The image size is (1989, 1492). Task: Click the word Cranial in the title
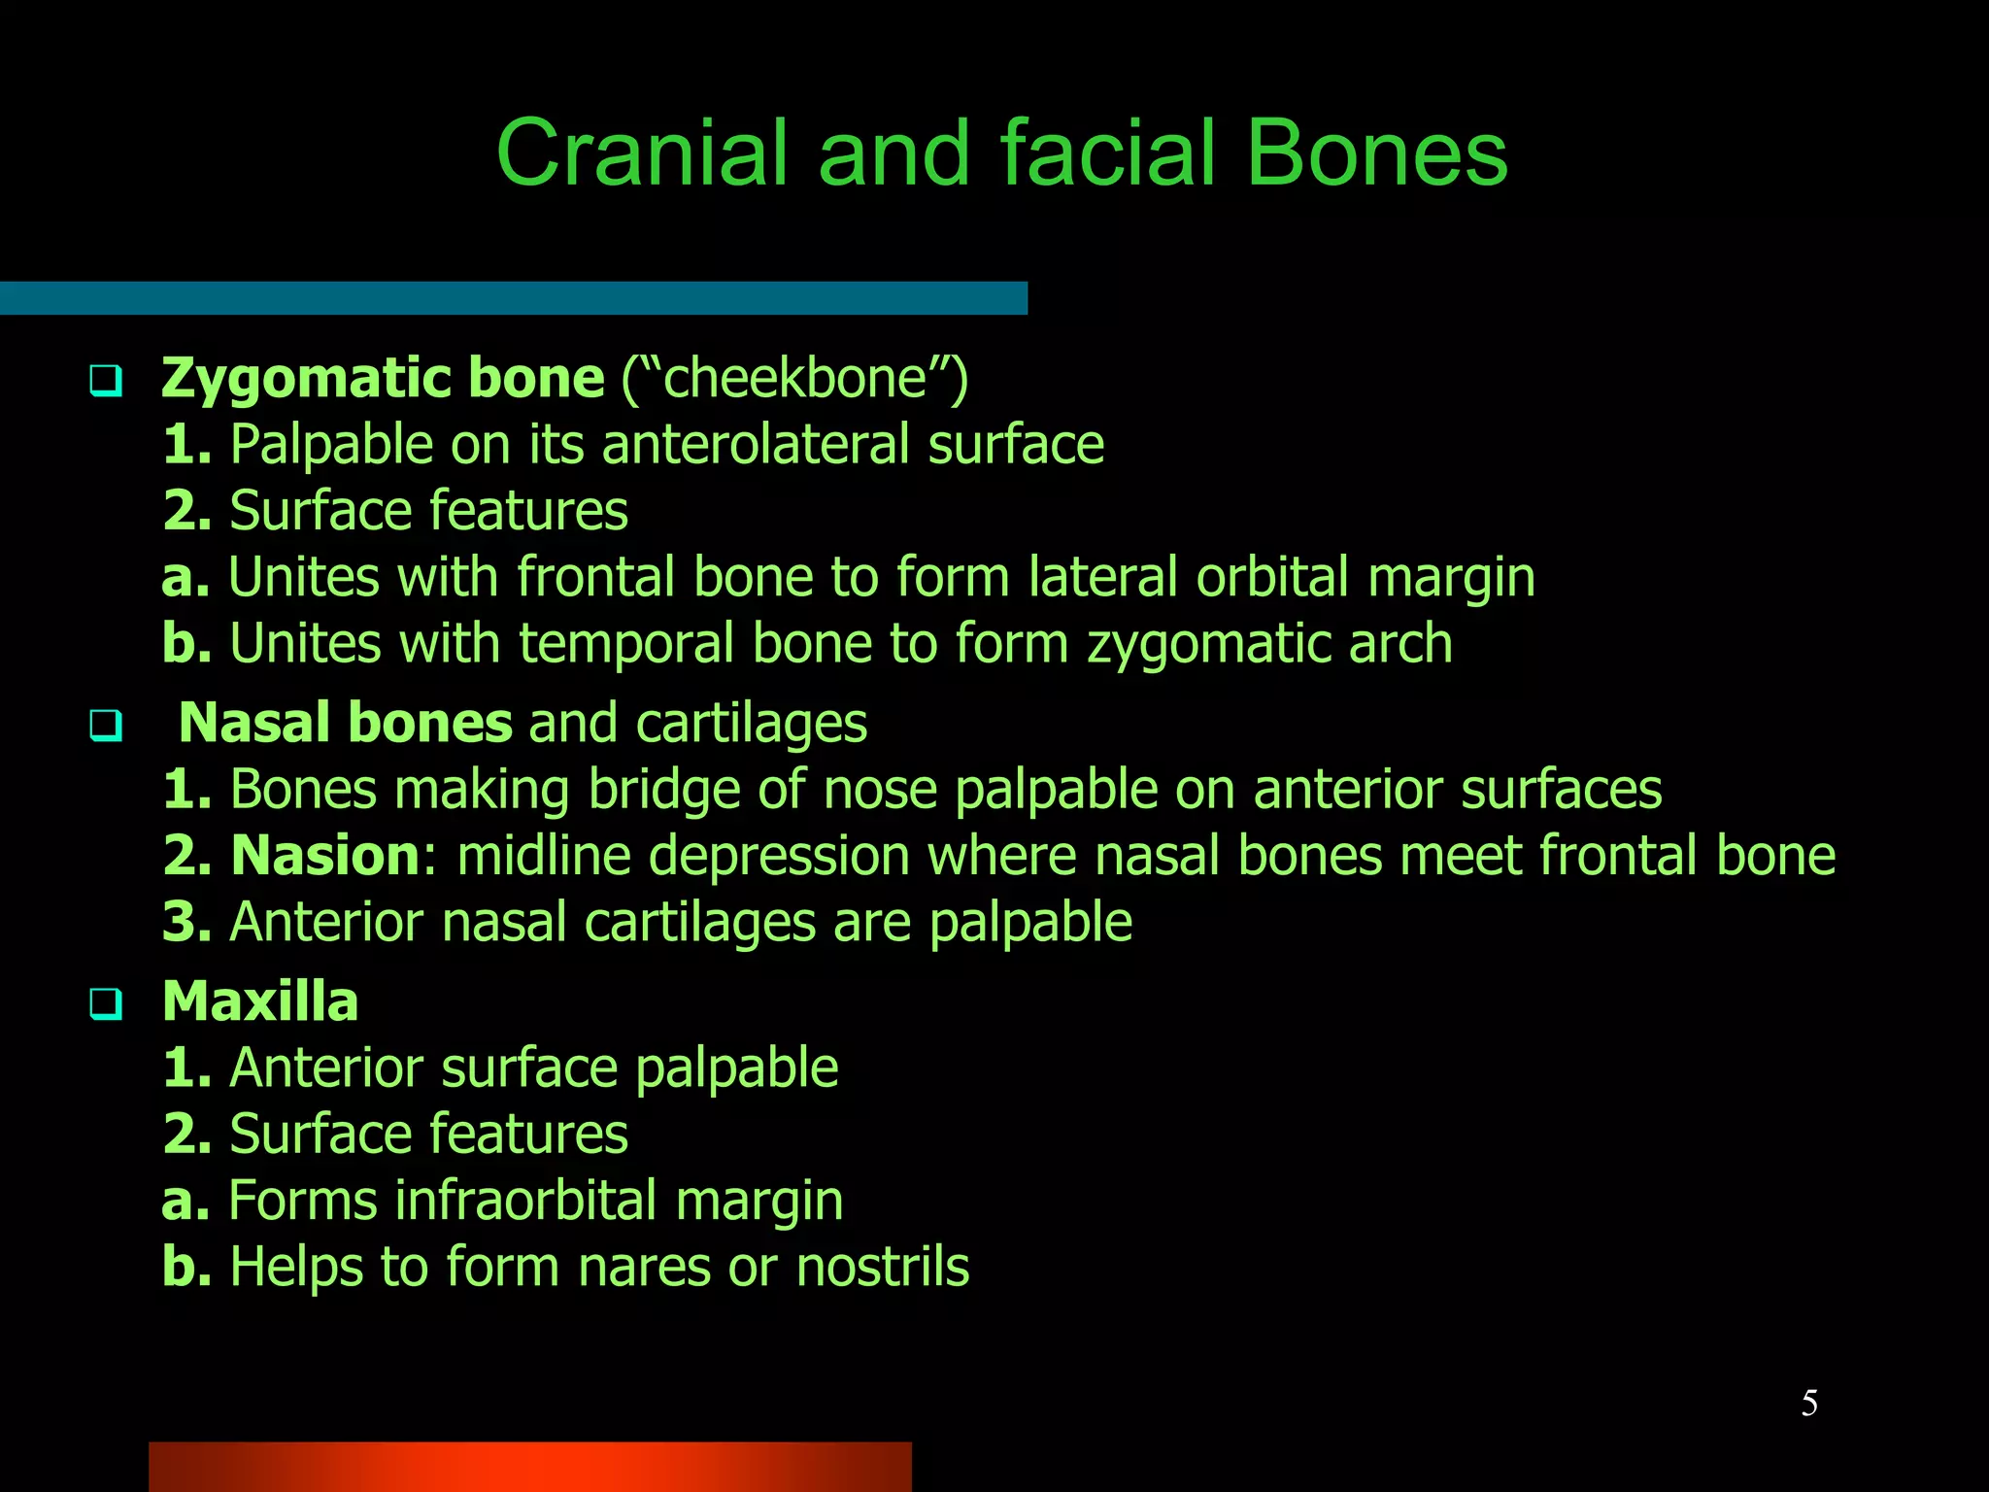(641, 153)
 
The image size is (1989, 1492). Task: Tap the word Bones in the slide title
(1376, 153)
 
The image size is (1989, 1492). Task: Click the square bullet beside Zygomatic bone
(105, 380)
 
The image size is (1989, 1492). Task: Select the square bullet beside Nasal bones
(105, 726)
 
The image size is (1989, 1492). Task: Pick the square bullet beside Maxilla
(105, 1003)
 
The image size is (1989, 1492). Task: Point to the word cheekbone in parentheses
(794, 378)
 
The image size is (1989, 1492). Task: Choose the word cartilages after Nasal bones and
(751, 724)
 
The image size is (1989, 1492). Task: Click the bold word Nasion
(324, 856)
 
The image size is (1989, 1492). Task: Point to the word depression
(778, 856)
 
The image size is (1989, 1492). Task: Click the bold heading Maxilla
(260, 1001)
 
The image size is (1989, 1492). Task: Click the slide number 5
(1809, 1403)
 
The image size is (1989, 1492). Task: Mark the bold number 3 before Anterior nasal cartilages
(185, 922)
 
